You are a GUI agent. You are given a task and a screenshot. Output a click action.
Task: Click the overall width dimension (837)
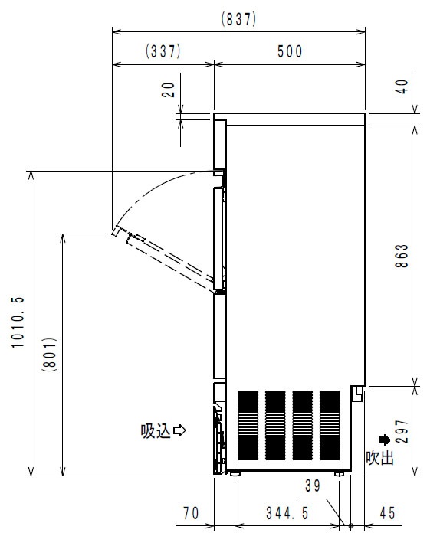(239, 19)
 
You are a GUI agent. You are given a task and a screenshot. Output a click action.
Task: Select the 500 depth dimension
(290, 52)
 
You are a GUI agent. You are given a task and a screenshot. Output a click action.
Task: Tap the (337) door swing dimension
(163, 51)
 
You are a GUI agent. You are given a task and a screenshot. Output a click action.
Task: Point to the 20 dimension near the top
(169, 90)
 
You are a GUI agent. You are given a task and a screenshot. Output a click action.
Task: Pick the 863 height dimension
(402, 256)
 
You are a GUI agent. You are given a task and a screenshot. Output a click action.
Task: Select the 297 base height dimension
(402, 431)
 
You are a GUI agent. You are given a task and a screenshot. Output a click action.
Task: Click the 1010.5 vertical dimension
(18, 322)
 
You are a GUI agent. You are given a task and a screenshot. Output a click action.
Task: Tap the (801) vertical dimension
(49, 355)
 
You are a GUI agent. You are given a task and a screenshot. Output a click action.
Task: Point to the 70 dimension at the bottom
(191, 513)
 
